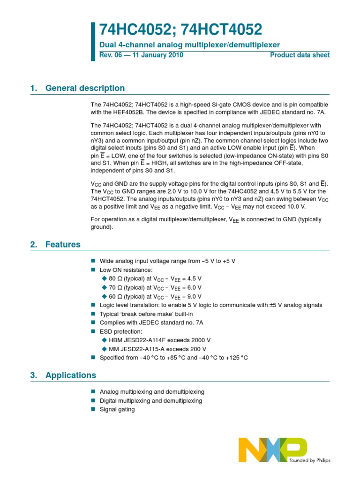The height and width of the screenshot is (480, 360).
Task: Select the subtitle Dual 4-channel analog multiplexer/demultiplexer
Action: (189, 45)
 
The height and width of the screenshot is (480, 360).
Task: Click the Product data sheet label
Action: (300, 55)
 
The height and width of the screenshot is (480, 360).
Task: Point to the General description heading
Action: (85, 88)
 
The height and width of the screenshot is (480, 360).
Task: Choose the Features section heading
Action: (63, 244)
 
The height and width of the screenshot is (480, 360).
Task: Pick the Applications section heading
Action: (71, 375)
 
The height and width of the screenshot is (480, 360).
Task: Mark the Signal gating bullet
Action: (117, 409)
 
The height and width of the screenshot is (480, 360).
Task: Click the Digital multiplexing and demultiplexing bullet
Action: (151, 401)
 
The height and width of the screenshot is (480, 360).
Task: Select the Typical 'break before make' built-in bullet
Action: (146, 314)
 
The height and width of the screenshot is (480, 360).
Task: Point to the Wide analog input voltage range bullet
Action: (171, 261)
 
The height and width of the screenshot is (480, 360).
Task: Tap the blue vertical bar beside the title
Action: (92, 41)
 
